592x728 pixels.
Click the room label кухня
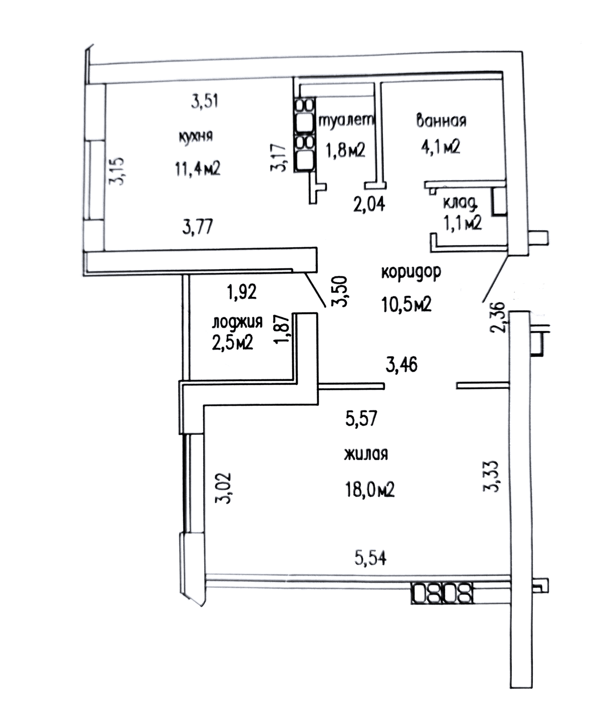click(x=196, y=136)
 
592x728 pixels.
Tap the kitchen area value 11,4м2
click(x=198, y=169)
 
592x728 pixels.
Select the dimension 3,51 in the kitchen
click(x=205, y=101)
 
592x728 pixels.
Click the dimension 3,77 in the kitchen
click(x=197, y=226)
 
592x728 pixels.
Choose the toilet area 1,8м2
click(x=346, y=149)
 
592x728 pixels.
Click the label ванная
click(x=441, y=121)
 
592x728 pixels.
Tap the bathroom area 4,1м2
click(x=441, y=147)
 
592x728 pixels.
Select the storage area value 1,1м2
click(x=462, y=223)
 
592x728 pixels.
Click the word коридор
click(x=411, y=272)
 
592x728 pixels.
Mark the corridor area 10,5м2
click(x=406, y=304)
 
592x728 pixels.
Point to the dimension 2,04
click(x=369, y=204)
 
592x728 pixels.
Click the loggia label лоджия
click(x=237, y=322)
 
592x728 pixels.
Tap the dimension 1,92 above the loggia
click(x=242, y=292)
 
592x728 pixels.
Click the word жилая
click(x=366, y=454)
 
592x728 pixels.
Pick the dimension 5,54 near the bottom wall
click(x=371, y=557)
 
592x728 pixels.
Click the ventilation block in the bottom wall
click(x=442, y=594)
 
